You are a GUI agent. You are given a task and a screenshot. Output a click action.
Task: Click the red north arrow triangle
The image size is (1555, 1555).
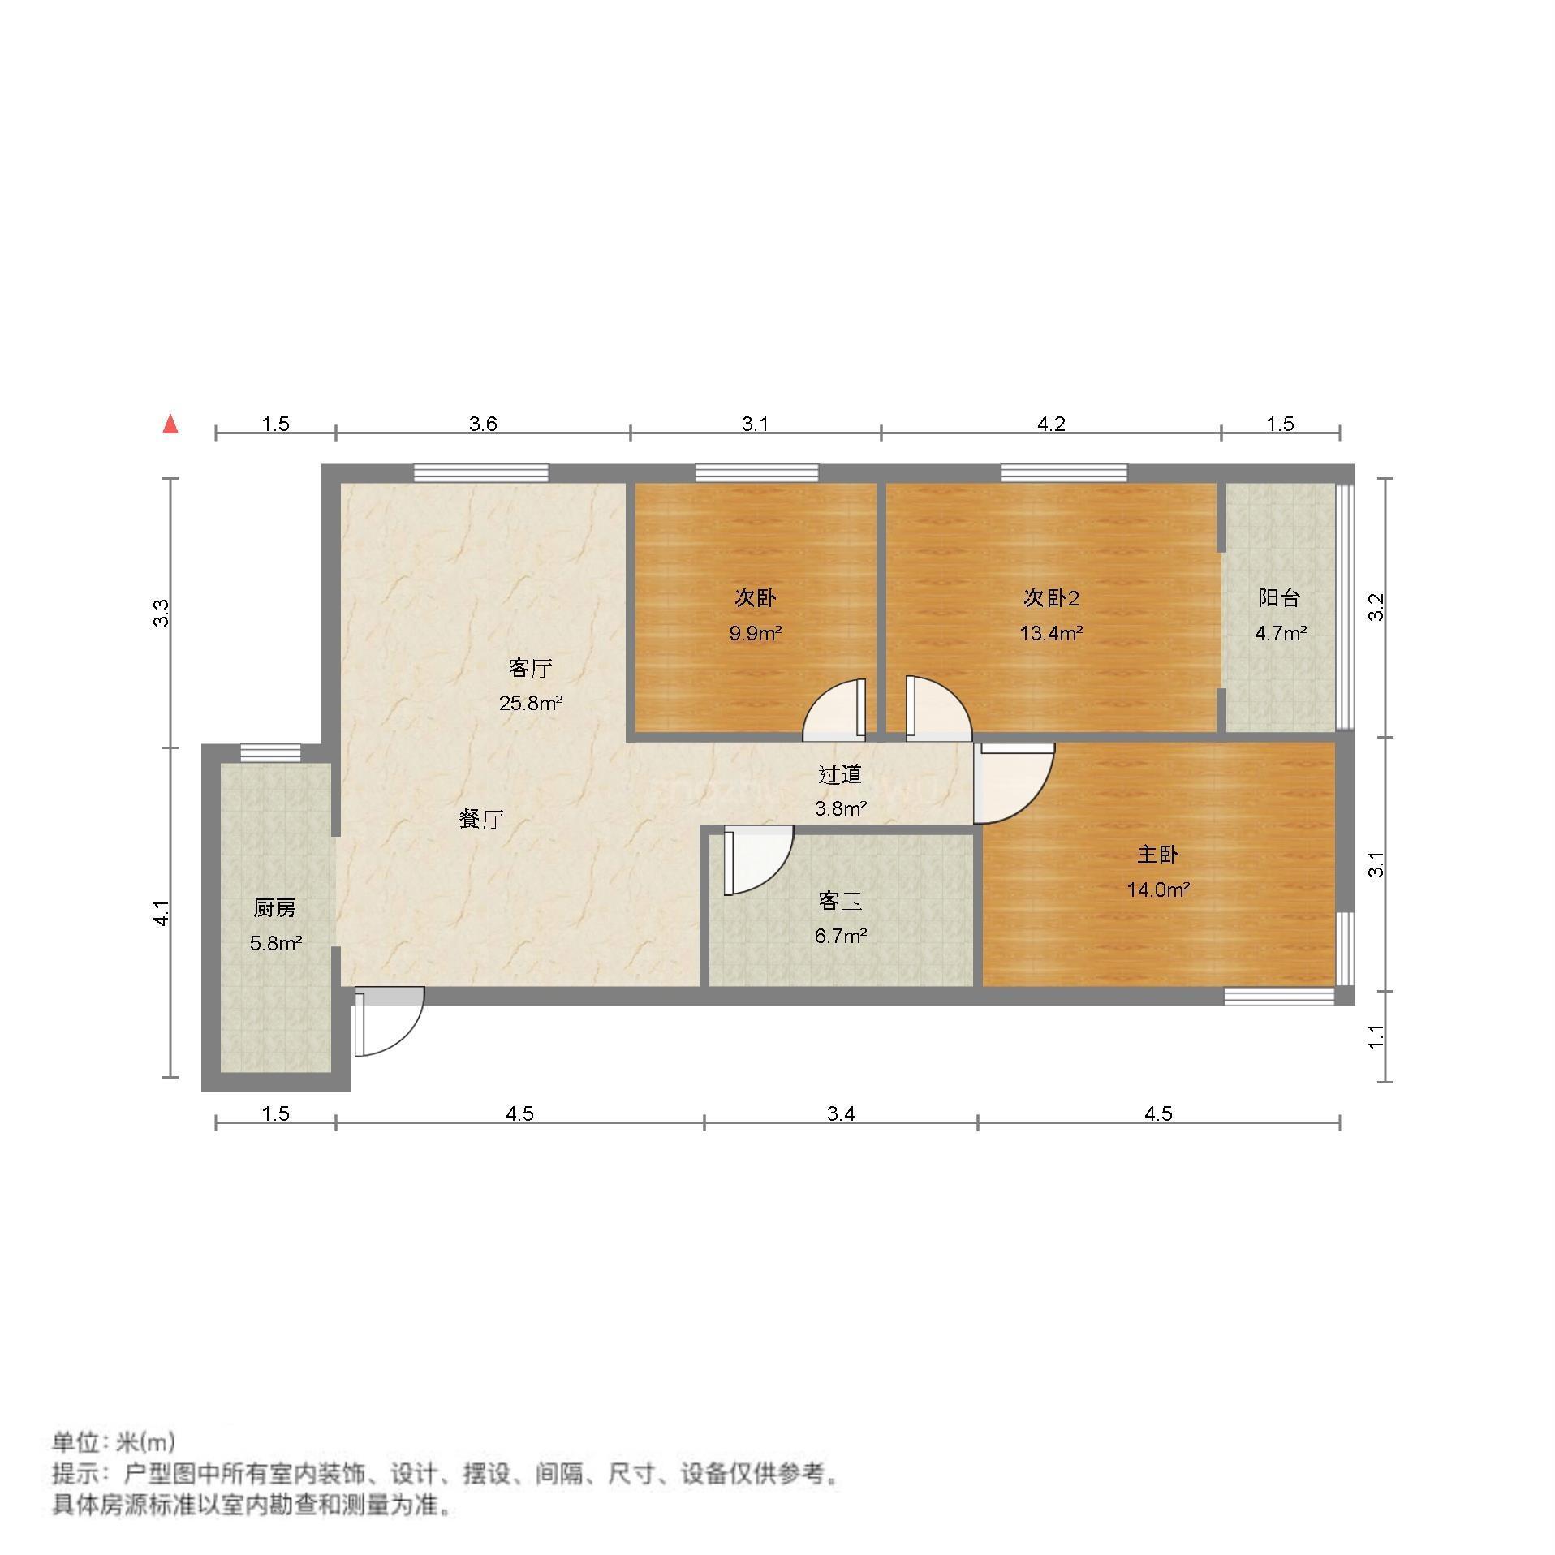(x=170, y=424)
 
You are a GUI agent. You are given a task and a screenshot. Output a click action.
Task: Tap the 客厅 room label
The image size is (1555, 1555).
(x=531, y=668)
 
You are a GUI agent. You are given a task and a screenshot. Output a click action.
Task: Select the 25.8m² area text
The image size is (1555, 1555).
(x=531, y=703)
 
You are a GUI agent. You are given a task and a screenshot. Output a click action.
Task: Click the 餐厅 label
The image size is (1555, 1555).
(x=481, y=819)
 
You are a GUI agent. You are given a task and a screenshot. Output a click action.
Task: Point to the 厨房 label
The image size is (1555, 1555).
(x=275, y=908)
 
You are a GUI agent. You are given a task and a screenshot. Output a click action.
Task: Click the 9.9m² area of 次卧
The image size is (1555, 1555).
(x=755, y=633)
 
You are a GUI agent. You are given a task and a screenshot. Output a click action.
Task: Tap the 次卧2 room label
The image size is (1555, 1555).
(x=1051, y=598)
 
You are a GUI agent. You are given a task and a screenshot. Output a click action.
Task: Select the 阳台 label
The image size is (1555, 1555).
(x=1280, y=598)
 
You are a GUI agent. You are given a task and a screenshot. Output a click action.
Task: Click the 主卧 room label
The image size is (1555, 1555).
(x=1158, y=855)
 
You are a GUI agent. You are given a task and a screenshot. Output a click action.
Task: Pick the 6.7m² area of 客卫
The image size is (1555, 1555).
(x=841, y=936)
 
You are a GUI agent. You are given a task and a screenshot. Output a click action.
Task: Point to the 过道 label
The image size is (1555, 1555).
(x=840, y=774)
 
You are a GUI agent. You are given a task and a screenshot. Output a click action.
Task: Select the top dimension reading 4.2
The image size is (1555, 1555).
(x=1051, y=424)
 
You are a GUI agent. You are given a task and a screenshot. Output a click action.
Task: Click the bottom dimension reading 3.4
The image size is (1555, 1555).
(x=841, y=1113)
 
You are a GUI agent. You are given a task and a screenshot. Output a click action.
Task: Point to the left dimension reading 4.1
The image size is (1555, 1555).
(x=162, y=914)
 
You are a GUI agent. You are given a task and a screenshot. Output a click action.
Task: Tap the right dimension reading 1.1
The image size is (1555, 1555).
(x=1376, y=1036)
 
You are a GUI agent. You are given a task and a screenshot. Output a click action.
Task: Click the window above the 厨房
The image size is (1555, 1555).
(x=270, y=752)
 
